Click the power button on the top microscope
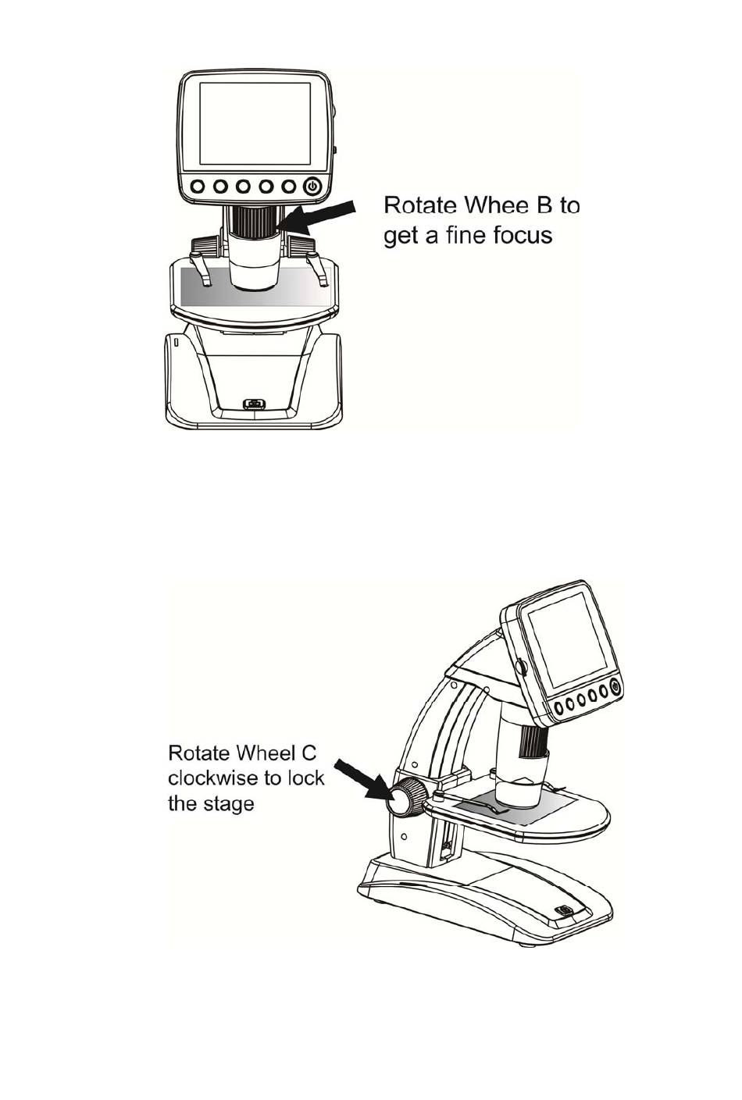click(312, 187)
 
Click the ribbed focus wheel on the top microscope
click(252, 220)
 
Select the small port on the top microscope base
click(252, 404)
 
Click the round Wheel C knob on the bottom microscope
click(405, 799)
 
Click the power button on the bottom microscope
click(615, 687)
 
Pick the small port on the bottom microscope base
click(563, 910)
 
